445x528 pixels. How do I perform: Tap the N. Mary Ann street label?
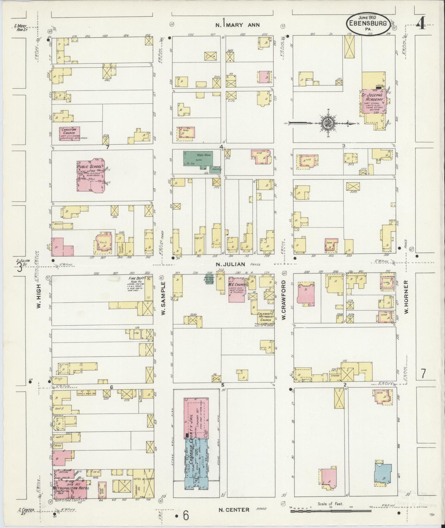pyautogui.click(x=237, y=25)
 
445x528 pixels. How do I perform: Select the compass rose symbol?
pyautogui.click(x=326, y=124)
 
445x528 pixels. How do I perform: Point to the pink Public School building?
pyautogui.click(x=91, y=177)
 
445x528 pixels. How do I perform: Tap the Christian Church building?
pyautogui.click(x=70, y=134)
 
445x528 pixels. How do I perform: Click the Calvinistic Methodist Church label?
pyautogui.click(x=265, y=317)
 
